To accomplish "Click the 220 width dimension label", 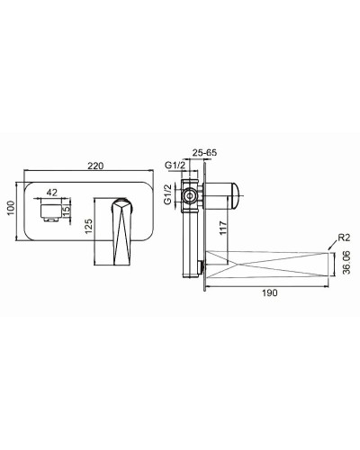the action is [x=95, y=166].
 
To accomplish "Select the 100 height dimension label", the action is [x=11, y=208].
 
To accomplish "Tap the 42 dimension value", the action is [x=52, y=193].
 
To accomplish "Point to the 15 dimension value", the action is [x=67, y=208].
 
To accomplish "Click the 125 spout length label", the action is [x=88, y=227].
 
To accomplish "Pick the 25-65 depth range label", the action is [x=204, y=152].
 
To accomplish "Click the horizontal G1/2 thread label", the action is [x=175, y=165].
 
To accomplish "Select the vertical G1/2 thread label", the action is [x=168, y=194].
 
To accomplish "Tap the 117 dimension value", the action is [x=223, y=229].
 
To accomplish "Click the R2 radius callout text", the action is [x=344, y=238].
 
